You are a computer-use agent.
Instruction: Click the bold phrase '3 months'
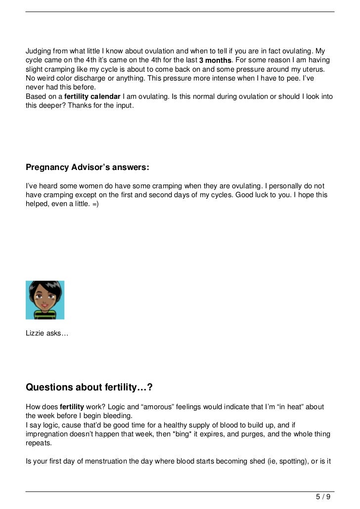(x=215, y=60)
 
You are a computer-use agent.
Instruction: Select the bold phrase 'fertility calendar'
(x=92, y=96)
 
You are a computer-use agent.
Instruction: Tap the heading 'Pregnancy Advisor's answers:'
(x=87, y=168)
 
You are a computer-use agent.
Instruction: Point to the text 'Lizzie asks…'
(x=47, y=334)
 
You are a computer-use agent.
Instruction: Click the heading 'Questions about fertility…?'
(x=92, y=387)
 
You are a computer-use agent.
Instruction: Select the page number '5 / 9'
(x=323, y=497)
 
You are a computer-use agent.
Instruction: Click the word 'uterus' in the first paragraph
(x=318, y=69)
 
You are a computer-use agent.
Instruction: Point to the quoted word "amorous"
(x=160, y=407)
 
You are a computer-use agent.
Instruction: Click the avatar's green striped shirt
(x=45, y=313)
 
